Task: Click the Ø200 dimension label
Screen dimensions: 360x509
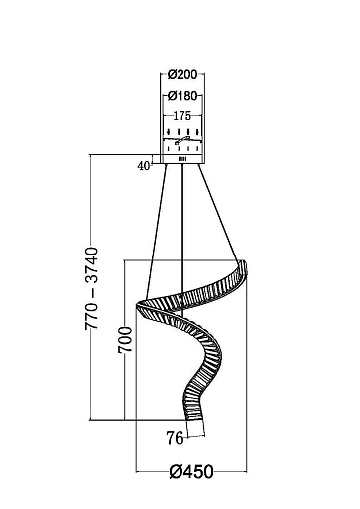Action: pyautogui.click(x=182, y=74)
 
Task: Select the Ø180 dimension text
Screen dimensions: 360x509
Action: pyautogui.click(x=182, y=96)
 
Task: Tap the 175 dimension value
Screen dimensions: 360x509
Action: pyautogui.click(x=182, y=116)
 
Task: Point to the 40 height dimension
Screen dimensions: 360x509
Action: pyautogui.click(x=144, y=166)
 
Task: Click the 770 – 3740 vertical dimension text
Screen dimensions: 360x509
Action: pyautogui.click(x=92, y=288)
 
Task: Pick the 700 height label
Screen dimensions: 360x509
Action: pyautogui.click(x=125, y=340)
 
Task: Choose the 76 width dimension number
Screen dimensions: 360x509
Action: pyautogui.click(x=175, y=438)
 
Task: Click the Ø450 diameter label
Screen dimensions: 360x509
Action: pyautogui.click(x=191, y=471)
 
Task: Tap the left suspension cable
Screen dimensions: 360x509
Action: pyautogui.click(x=156, y=231)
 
